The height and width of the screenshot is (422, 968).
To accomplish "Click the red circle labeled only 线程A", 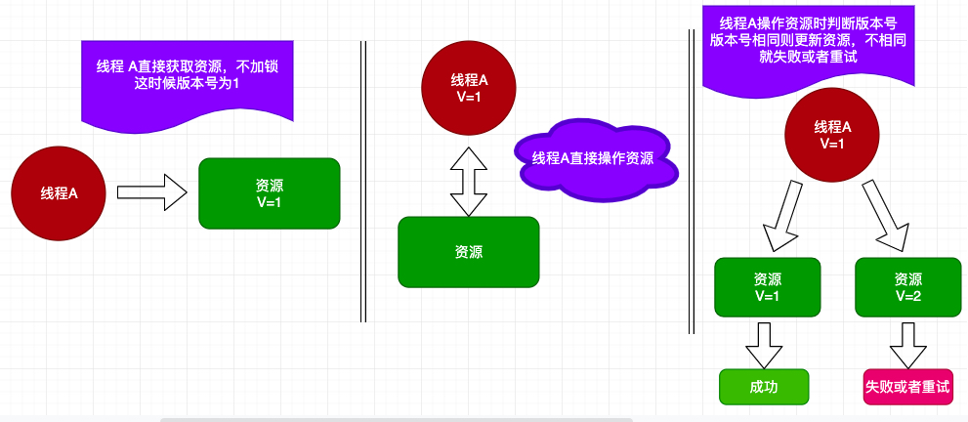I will [59, 192].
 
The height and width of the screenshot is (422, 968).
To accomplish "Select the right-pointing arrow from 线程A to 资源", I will [151, 192].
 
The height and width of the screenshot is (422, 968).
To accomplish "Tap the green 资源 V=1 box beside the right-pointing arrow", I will [269, 192].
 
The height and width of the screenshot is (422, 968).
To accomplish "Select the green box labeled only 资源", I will [469, 251].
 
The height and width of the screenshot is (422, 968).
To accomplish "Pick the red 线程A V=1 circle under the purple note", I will [833, 135].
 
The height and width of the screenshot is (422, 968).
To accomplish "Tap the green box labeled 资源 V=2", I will [908, 287].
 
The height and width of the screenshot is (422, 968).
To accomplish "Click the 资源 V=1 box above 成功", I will [767, 287].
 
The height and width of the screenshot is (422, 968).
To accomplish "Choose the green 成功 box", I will [764, 387].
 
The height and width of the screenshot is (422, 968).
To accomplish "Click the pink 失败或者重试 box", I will [907, 387].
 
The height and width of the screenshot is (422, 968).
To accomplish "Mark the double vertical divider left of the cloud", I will [363, 181].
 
